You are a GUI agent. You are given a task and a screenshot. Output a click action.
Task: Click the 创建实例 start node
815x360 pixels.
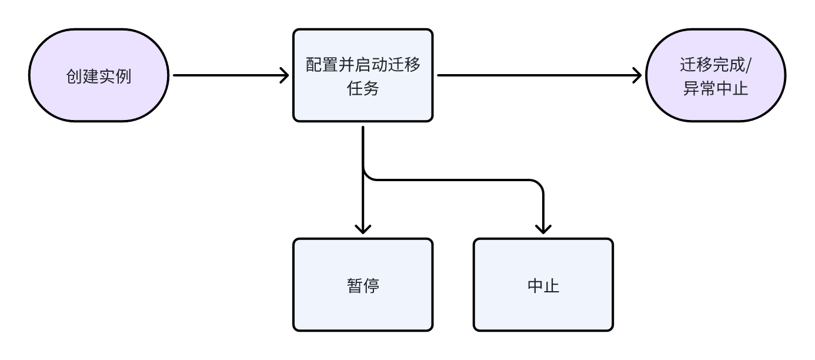coord(98,76)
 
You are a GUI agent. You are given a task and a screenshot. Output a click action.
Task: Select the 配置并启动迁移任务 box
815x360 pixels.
coord(363,76)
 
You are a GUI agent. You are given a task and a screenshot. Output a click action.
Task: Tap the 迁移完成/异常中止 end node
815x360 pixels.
coord(716,76)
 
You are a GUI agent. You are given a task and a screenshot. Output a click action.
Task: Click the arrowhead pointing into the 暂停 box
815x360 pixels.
coord(363,228)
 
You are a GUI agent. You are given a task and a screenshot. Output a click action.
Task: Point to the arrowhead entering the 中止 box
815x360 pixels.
coord(543,228)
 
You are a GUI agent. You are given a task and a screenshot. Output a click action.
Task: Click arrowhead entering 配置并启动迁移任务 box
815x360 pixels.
coord(283,76)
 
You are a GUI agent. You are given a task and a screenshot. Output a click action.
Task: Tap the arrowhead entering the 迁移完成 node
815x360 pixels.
coord(636,76)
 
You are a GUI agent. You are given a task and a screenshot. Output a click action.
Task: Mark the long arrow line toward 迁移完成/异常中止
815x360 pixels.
coord(529,76)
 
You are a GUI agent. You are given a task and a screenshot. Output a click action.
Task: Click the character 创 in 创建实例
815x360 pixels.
coord(74,76)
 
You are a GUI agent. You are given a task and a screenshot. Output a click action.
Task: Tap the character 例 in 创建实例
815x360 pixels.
coord(123,76)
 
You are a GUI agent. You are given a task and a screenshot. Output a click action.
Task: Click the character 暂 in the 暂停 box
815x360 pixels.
coord(355,285)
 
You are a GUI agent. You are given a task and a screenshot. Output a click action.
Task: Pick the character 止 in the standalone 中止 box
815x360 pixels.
coord(551,285)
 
